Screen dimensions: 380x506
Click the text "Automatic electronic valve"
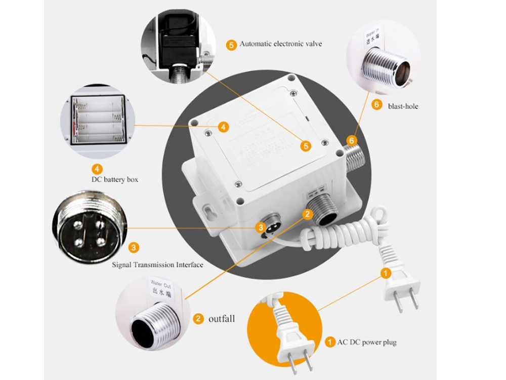(281, 44)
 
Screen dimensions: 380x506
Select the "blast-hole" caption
(403, 106)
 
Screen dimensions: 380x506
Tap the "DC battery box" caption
(115, 179)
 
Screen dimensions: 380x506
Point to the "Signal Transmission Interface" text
(157, 264)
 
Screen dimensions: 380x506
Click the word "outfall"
(222, 319)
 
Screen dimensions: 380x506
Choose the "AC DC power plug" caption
(367, 343)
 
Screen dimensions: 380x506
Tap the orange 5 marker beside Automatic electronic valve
(231, 45)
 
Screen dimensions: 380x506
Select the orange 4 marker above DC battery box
(97, 169)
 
